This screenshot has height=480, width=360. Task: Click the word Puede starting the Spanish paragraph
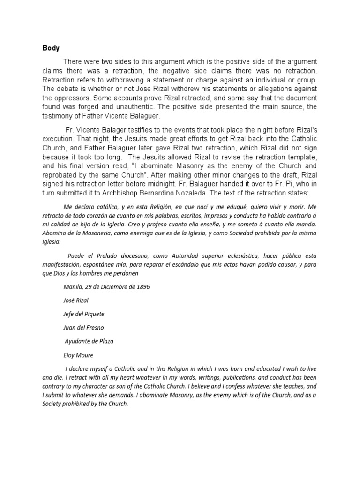76,255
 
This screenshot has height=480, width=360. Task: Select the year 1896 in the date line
142,287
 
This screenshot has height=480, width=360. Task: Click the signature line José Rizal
75,300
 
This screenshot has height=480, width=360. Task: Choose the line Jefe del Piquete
83,314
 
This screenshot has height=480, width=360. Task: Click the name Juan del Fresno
83,328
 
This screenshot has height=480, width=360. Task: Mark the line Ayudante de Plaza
89,341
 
